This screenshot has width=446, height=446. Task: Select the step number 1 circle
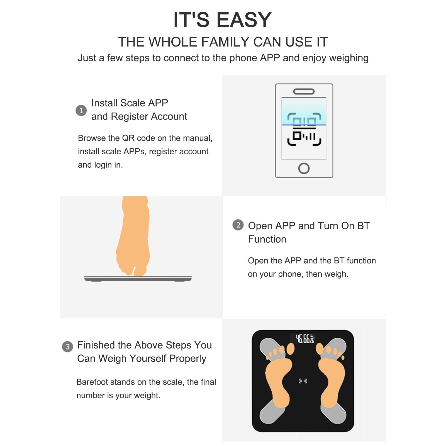tap(81, 111)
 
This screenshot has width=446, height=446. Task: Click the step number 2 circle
tap(238, 225)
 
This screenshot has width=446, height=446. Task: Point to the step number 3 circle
tap(67, 347)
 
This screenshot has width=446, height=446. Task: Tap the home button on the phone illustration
tap(304, 168)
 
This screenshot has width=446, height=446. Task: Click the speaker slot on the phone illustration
tap(304, 91)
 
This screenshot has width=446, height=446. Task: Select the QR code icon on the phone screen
tap(304, 130)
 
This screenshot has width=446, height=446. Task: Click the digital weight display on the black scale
tap(304, 339)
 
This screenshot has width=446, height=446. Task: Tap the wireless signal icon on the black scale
tap(303, 381)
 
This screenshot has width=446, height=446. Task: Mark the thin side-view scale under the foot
tap(138, 279)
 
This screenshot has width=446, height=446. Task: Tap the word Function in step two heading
tap(267, 239)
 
